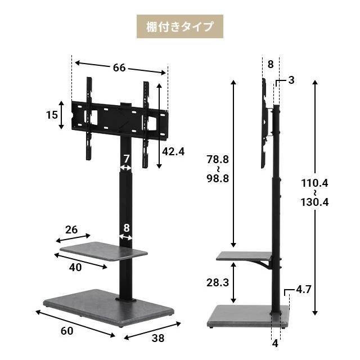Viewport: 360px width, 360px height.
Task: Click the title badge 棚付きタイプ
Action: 180,26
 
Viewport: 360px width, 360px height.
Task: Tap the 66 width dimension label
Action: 119,67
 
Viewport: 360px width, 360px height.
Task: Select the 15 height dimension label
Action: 52,115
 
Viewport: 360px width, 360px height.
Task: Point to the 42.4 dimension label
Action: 173,152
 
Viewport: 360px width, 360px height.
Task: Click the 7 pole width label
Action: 127,159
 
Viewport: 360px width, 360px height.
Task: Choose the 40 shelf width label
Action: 75,267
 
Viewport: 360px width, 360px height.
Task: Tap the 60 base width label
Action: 66,331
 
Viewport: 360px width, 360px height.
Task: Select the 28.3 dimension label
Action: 218,282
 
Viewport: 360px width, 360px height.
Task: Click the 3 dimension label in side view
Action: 291,80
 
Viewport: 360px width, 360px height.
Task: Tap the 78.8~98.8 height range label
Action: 218,169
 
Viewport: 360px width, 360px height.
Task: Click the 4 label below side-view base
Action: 275,343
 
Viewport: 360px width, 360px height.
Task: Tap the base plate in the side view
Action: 247,316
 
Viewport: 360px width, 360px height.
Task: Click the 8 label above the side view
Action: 270,64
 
